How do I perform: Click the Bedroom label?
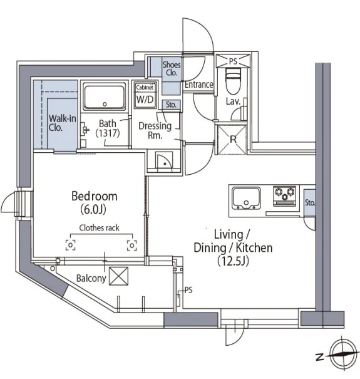click(x=95, y=196)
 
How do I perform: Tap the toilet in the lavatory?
click(x=233, y=80)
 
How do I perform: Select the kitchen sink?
click(x=246, y=199)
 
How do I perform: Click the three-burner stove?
click(x=285, y=196)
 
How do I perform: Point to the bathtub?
click(x=105, y=96)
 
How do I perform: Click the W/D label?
click(x=145, y=99)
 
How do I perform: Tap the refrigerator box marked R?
click(x=233, y=139)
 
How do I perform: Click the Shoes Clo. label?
click(x=172, y=68)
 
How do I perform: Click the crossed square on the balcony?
click(x=118, y=276)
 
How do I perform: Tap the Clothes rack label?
click(x=100, y=227)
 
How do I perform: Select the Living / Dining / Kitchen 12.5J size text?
click(x=233, y=261)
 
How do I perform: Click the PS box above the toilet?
click(x=233, y=61)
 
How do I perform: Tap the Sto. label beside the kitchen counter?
click(x=310, y=202)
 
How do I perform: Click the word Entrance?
click(x=199, y=85)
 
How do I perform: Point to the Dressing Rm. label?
click(x=155, y=130)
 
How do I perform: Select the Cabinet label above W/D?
click(x=145, y=87)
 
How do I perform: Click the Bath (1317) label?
click(x=108, y=128)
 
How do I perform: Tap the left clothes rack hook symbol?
click(x=70, y=245)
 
